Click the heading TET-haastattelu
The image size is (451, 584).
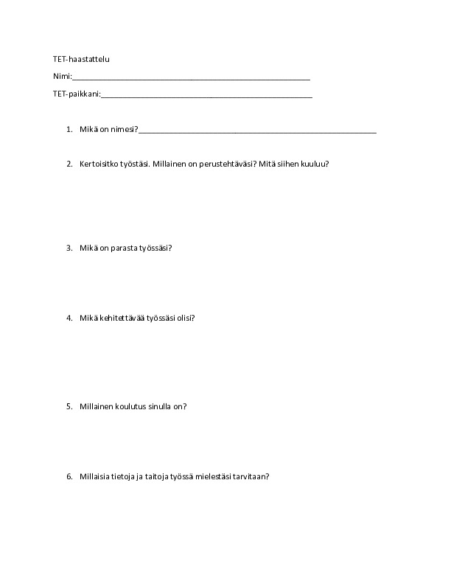pyautogui.click(x=81, y=59)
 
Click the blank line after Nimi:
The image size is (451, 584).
pyautogui.click(x=191, y=78)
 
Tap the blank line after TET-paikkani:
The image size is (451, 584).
pyautogui.click(x=206, y=97)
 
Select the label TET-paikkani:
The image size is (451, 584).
pyautogui.click(x=76, y=94)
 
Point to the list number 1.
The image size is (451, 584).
pyautogui.click(x=69, y=129)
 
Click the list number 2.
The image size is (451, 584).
pyautogui.click(x=69, y=164)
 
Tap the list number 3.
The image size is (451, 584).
pyautogui.click(x=69, y=248)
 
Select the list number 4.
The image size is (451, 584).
pyautogui.click(x=69, y=319)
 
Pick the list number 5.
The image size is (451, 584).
pyautogui.click(x=69, y=406)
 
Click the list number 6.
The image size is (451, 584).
pyautogui.click(x=69, y=476)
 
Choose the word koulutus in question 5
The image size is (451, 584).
pyautogui.click(x=130, y=406)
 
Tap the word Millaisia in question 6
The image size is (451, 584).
pyautogui.click(x=97, y=476)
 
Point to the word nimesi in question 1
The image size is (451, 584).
pyautogui.click(x=122, y=129)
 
